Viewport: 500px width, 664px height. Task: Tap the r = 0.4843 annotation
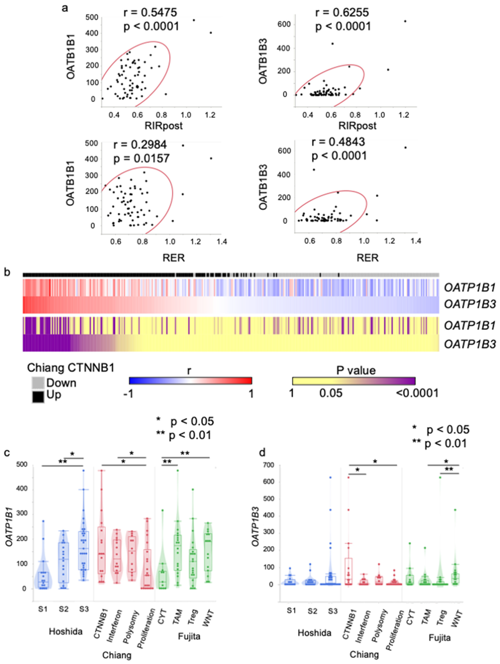click(338, 142)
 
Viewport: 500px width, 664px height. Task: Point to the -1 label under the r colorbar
click(129, 393)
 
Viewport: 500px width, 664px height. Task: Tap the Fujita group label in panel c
click(189, 636)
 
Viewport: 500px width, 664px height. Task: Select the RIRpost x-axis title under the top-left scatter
click(164, 125)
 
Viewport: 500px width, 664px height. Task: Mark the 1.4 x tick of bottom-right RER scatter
click(416, 241)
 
